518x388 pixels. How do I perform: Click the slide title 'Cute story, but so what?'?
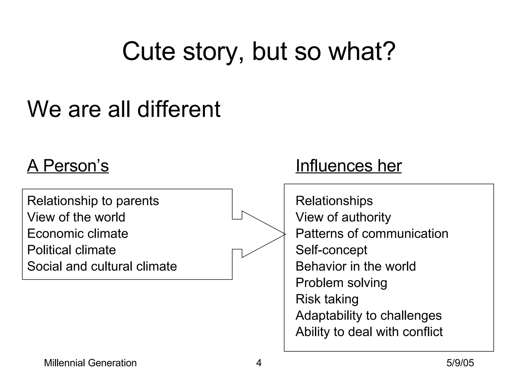(258, 52)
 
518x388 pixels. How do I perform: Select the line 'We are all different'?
(124, 109)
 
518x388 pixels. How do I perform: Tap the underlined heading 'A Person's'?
(68, 166)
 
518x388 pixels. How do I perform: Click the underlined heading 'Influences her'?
(349, 166)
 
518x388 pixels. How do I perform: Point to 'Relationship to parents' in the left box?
(93, 201)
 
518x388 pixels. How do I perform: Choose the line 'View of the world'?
(76, 217)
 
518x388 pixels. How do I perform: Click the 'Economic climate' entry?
(77, 234)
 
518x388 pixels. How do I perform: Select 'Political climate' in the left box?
(71, 250)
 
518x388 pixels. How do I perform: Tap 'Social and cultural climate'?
(102, 266)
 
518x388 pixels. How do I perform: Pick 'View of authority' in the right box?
(343, 217)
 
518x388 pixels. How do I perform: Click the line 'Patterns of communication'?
(372, 234)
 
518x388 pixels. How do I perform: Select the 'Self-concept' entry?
(331, 250)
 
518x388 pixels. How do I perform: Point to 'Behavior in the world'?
(356, 266)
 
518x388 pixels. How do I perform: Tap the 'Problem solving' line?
(341, 283)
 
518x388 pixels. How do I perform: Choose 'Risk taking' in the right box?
(327, 299)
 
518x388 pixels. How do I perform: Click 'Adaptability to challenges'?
(369, 316)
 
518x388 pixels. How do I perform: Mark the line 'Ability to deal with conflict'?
(369, 332)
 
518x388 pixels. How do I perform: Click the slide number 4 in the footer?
(259, 363)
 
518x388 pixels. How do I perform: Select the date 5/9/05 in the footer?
(460, 363)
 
